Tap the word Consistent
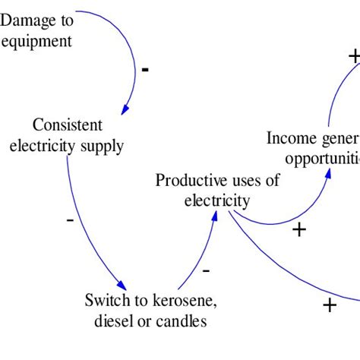click(67, 125)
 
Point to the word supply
click(105, 145)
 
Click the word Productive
click(190, 181)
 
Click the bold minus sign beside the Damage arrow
click(145, 70)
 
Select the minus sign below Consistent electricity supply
click(70, 220)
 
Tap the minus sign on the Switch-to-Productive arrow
click(207, 270)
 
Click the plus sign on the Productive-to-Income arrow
click(299, 229)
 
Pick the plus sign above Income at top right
click(353, 56)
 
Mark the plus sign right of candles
click(329, 305)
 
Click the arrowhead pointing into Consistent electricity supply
click(125, 109)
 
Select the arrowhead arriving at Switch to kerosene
click(122, 285)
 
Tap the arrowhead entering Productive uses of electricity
click(215, 216)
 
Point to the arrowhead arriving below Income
click(328, 172)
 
